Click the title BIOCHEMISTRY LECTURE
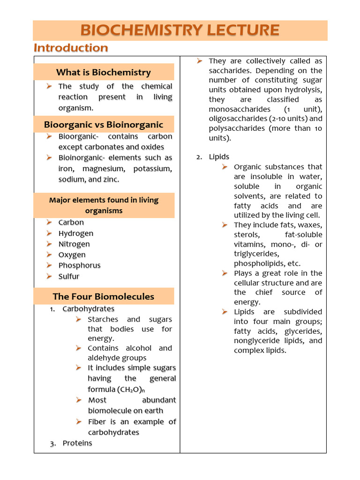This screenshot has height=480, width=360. [180, 30]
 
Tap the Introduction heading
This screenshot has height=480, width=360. [71, 48]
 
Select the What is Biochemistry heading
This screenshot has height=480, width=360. [104, 72]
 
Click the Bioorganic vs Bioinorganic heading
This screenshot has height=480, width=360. [104, 125]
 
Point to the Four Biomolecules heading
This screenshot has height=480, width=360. [104, 296]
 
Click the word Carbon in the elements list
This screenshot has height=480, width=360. [71, 223]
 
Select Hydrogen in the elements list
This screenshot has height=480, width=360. [76, 233]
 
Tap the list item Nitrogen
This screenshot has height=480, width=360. [74, 244]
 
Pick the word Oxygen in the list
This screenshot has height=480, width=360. [72, 255]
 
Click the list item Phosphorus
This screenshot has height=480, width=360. [80, 265]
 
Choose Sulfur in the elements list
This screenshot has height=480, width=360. [69, 277]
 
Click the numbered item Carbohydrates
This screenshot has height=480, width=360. [89, 309]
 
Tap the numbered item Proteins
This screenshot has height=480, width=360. [77, 443]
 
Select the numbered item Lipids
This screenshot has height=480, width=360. [219, 157]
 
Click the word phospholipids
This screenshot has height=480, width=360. [261, 263]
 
